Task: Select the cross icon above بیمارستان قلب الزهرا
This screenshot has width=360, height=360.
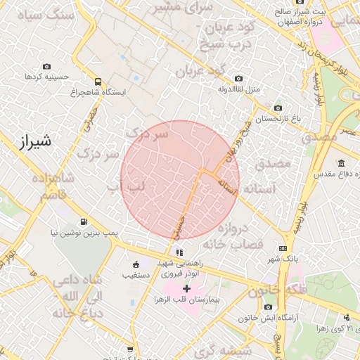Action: (186, 288)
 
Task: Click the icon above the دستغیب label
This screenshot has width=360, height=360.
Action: (136, 264)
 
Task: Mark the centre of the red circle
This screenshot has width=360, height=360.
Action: (180, 180)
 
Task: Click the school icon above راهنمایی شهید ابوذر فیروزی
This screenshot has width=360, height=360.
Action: (180, 252)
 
